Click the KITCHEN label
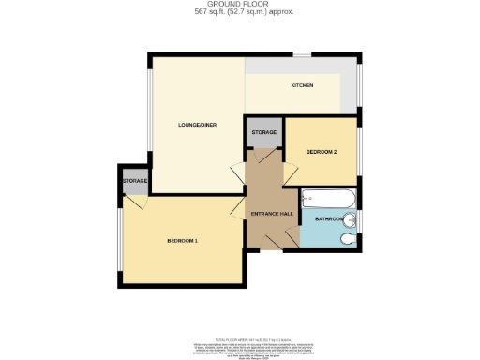pos(301,86)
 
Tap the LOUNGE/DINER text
pos(198,124)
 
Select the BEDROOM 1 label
pos(182,241)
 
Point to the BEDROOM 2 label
pos(321,151)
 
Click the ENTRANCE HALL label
pos(273,214)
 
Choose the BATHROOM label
pos(329,219)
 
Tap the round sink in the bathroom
pos(351,220)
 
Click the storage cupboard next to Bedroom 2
pos(263,133)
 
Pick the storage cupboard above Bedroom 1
pos(134,181)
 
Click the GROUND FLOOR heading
pos(240,5)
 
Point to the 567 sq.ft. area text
pos(240,12)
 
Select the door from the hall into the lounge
pos(238,172)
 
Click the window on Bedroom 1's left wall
pos(116,241)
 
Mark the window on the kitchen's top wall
pos(302,55)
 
